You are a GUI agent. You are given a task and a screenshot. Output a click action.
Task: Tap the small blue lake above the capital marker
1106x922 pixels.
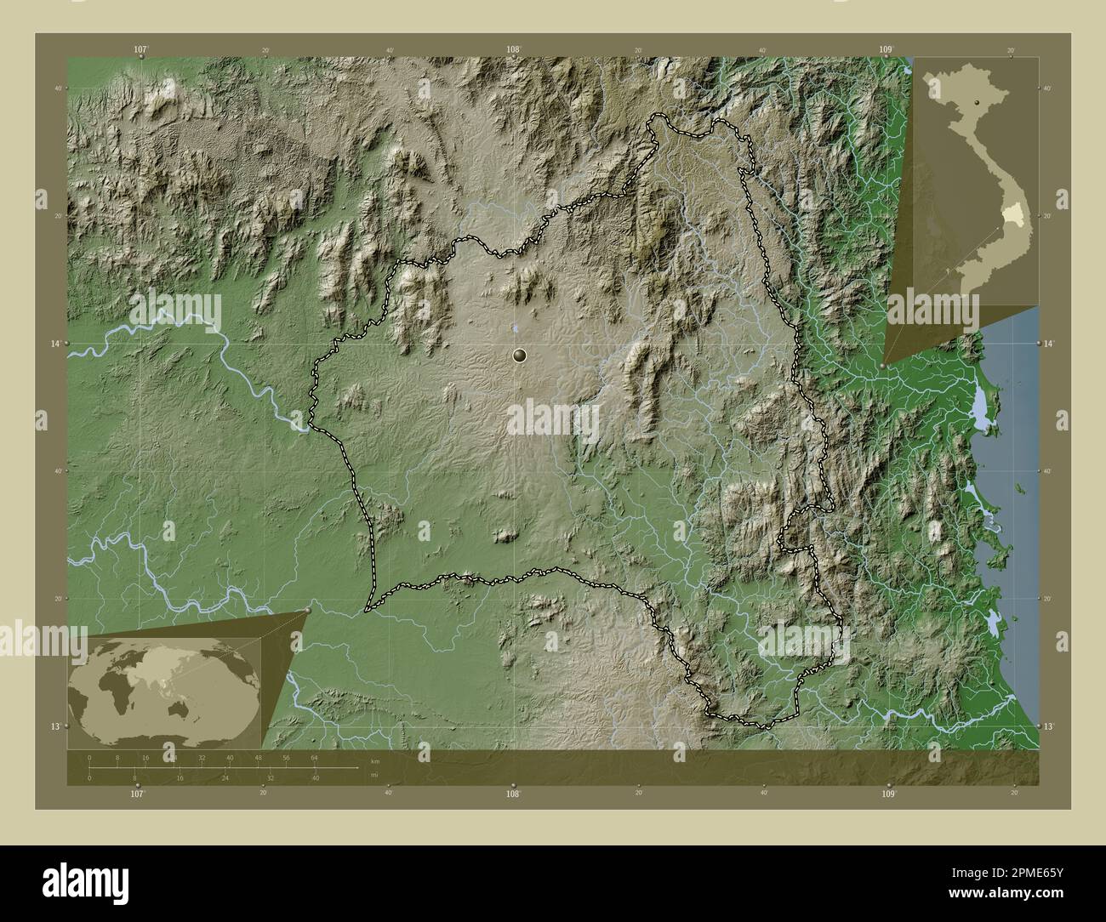coord(516,327)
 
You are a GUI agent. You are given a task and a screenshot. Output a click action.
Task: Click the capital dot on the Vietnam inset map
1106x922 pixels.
coord(978,102)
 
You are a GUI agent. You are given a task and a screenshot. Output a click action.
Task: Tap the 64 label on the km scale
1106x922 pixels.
coord(314,757)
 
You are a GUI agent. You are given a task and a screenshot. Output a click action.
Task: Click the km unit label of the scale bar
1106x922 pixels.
coord(374,761)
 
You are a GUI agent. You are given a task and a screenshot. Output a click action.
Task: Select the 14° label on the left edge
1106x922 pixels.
coord(57,343)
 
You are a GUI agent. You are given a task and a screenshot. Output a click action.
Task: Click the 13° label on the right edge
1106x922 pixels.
coord(1048,726)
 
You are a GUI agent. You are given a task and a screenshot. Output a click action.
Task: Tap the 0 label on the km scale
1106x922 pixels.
coord(89,757)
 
